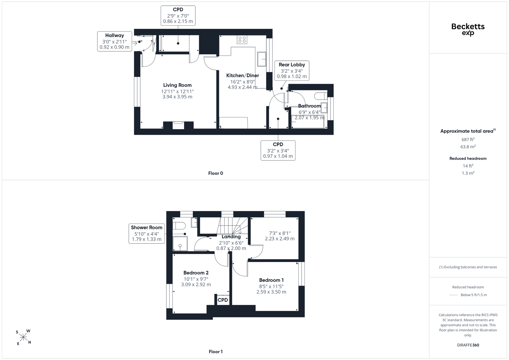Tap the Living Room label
point(177,85)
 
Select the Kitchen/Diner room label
point(242,75)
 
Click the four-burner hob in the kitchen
point(242,39)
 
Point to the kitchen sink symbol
point(261,59)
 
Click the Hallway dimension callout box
point(115,41)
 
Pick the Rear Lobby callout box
point(292,70)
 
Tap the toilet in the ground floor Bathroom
point(321,96)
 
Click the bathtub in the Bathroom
point(308,121)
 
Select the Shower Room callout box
point(147,233)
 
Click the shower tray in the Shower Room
point(180,244)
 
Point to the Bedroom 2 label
point(196,273)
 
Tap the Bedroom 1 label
point(271,280)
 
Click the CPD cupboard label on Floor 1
point(223,300)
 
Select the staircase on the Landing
point(233,225)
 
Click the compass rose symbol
point(24,337)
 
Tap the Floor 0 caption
point(216,173)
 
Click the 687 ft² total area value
point(468,140)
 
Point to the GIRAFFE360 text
point(468,345)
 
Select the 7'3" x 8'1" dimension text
point(280,233)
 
